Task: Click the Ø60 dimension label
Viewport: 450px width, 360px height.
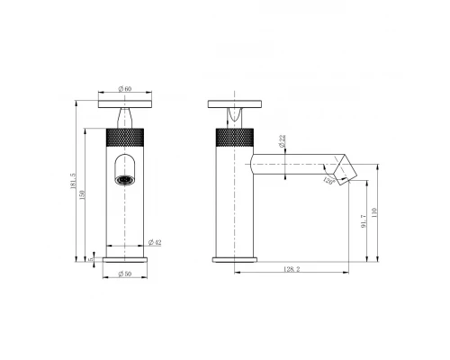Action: (126, 88)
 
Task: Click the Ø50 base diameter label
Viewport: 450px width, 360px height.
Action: (126, 274)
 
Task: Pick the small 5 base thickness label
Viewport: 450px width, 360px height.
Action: (92, 258)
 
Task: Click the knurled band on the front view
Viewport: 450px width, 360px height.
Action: (126, 138)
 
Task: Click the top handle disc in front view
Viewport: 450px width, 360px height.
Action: (126, 103)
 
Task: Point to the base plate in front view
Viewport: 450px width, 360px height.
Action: (126, 259)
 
